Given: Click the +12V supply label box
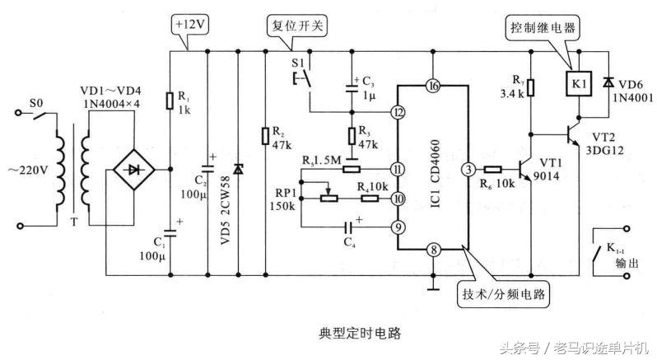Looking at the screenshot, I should click(191, 25).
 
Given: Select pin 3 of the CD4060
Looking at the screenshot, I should click(468, 169).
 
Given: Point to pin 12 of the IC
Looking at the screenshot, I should click(398, 113).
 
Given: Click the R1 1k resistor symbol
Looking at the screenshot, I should click(169, 100).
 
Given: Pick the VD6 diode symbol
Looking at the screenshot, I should click(607, 82).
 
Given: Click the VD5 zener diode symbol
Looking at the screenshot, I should click(239, 169).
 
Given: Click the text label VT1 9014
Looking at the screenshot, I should click(550, 170).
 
